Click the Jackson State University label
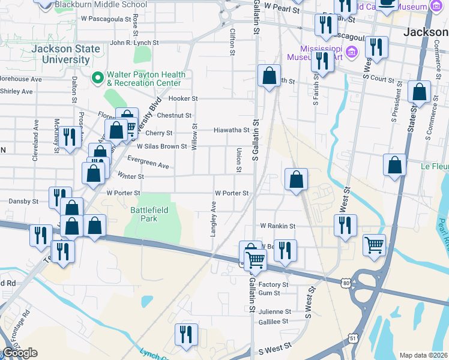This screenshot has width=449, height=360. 53,54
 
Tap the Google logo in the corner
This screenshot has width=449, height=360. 20,353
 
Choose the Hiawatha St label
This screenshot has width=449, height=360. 232,130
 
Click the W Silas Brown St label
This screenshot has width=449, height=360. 162,146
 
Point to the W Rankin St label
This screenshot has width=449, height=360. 277,226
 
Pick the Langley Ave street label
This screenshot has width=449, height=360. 213,219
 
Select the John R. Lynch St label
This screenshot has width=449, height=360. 134,43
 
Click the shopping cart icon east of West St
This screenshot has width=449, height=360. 374,245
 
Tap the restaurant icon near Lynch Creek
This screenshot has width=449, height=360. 186,334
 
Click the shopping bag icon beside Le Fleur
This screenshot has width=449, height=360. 394,165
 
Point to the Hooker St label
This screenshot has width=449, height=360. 183,98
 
